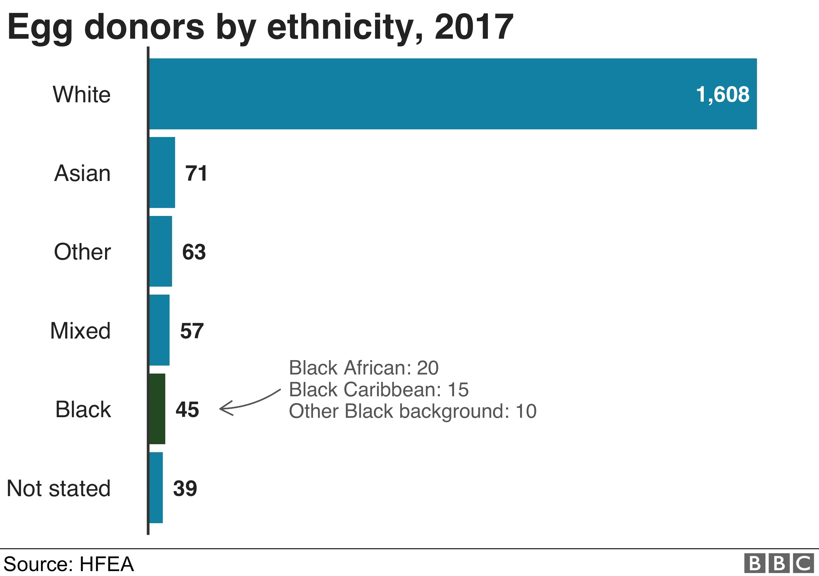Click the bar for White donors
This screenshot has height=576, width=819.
[452, 94]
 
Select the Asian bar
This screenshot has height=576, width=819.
[162, 172]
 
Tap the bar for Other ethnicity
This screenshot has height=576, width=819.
[161, 251]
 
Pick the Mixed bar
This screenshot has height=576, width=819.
[159, 330]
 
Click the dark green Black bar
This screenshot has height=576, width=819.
[157, 409]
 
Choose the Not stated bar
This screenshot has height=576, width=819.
[156, 488]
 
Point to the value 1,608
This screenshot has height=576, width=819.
[722, 95]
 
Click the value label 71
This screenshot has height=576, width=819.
[196, 173]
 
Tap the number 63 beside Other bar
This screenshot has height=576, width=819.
[194, 252]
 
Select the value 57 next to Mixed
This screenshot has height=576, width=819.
[192, 331]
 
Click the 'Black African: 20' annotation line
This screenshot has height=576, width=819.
[363, 368]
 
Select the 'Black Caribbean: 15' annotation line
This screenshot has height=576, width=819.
[378, 390]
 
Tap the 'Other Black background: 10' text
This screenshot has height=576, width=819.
[412, 411]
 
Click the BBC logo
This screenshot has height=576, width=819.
[779, 563]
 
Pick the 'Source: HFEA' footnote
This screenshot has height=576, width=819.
[69, 564]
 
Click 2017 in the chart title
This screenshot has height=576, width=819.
[474, 27]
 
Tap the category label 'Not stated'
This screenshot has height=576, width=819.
[58, 488]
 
